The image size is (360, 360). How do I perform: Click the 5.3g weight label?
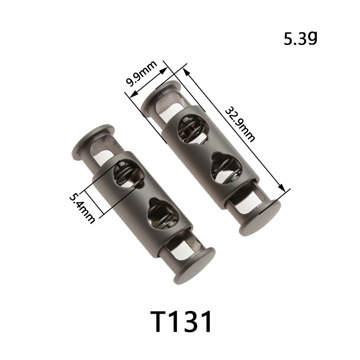click(x=300, y=39)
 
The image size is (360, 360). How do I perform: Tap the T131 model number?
click(x=181, y=322)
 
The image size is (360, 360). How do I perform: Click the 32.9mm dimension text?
click(x=239, y=125)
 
